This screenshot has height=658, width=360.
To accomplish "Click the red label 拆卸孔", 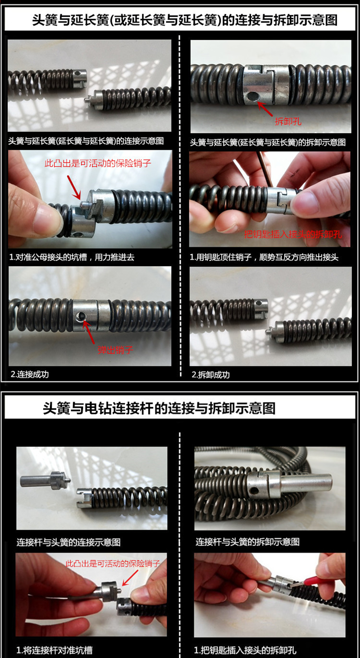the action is [288, 122].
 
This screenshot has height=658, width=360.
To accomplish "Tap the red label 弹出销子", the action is [115, 350].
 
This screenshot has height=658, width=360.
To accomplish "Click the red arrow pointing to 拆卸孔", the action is [265, 108].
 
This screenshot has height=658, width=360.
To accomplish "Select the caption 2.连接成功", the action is [30, 374].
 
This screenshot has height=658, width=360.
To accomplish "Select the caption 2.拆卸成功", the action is [211, 375].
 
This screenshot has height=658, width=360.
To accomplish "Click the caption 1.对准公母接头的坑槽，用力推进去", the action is [72, 257].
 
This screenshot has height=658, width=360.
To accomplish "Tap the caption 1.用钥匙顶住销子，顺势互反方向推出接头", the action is [264, 257].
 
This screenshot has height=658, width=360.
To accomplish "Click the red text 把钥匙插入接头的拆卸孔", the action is [293, 234].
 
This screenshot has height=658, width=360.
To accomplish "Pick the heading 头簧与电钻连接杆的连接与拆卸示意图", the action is [159, 408].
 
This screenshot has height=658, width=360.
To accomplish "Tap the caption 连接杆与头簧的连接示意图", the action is [69, 542].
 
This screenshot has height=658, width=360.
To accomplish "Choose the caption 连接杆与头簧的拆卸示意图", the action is [248, 542].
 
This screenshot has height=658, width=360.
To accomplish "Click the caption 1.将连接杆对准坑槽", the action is [55, 650].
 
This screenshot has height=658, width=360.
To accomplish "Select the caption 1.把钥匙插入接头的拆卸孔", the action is [245, 650].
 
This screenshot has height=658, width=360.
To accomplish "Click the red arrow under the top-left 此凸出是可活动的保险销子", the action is [74, 187].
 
